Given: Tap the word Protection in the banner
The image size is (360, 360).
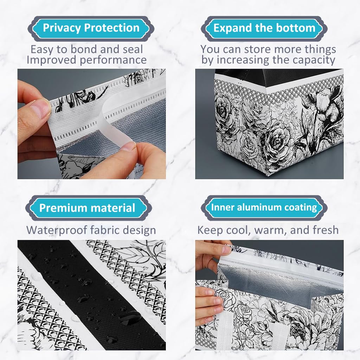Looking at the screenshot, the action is coord(112,28).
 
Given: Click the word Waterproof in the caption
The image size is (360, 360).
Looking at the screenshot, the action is coord(57,230).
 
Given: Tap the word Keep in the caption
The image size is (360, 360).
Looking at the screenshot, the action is coord(210,230).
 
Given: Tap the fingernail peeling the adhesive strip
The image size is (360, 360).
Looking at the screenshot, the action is coord(128,146).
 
